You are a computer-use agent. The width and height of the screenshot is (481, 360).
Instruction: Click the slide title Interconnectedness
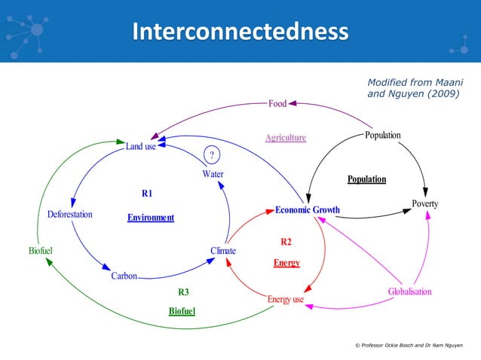240,32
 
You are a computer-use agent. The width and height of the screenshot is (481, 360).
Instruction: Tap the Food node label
277,104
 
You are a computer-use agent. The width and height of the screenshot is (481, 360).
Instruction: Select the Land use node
140,146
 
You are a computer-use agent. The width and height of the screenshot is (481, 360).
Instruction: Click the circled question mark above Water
213,155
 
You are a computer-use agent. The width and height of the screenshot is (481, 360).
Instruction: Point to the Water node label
213,174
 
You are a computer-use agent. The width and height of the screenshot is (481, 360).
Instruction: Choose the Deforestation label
69,215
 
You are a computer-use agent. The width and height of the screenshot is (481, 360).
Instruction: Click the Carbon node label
124,276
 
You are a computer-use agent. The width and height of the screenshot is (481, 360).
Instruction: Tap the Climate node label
223,250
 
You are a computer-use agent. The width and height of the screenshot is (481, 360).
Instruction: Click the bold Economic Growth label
307,209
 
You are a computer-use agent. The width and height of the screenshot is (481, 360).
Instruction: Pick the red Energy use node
285,299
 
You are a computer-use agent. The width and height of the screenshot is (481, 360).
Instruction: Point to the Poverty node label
424,204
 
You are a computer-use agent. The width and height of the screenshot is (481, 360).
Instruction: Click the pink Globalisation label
409,291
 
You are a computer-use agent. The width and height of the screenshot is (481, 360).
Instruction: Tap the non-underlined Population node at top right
382,136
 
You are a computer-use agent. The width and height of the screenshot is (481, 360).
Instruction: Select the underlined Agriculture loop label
285,138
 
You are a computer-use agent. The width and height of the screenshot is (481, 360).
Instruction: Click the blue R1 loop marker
147,194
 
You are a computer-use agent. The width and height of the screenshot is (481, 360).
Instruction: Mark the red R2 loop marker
286,242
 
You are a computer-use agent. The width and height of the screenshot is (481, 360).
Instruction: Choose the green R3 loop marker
182,292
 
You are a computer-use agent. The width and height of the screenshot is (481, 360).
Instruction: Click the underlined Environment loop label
151,218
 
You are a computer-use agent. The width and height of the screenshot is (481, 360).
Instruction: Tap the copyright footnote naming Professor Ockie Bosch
408,344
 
